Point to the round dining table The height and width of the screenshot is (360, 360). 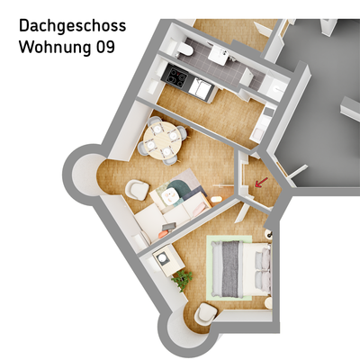pyautogui.click(x=163, y=141)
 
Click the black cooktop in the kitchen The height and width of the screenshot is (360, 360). pyautogui.click(x=174, y=81)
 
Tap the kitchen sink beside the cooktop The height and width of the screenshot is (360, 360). pyautogui.click(x=200, y=89)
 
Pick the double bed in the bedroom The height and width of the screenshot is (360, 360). pyautogui.click(x=241, y=267)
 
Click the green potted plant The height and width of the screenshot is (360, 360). pyautogui.click(x=182, y=280)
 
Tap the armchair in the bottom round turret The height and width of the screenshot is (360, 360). pyautogui.click(x=205, y=313)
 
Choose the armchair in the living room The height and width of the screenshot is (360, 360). pyautogui.click(x=136, y=190)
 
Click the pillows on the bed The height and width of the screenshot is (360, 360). pyautogui.click(x=262, y=267)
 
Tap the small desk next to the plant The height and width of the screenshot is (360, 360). pyautogui.click(x=166, y=260)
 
